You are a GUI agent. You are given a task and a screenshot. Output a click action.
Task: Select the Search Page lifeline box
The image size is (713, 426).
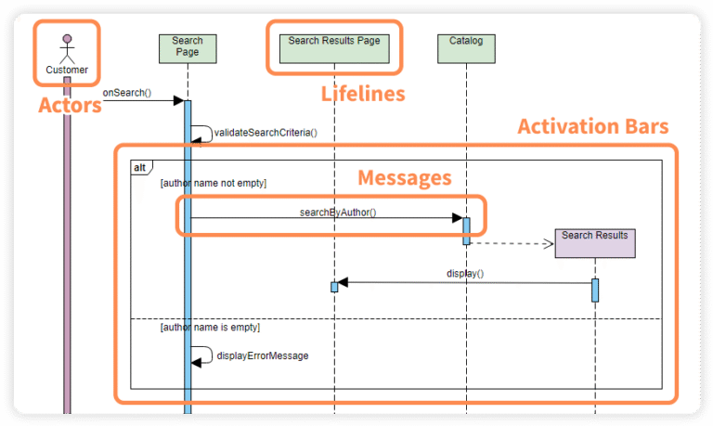tap(188, 46)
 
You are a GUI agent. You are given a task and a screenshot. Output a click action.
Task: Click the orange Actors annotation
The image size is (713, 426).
tap(70, 105)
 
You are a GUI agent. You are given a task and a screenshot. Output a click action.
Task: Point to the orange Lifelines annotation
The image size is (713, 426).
tap(363, 94)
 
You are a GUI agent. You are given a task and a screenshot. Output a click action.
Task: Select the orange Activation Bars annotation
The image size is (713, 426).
tap(592, 126)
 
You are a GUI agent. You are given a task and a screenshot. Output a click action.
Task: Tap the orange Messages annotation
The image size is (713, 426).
tap(405, 177)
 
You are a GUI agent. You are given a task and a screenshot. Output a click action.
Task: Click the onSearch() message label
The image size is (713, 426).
tap(126, 93)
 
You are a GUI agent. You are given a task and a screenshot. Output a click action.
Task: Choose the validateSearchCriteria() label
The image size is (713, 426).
tap(266, 133)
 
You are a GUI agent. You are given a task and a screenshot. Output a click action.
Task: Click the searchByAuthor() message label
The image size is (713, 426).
tap(337, 212)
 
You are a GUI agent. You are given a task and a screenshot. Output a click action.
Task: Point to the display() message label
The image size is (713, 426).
tap(465, 274)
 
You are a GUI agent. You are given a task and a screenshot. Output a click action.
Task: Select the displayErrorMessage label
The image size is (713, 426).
tap(263, 355)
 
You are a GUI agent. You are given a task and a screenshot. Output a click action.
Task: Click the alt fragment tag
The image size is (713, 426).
tap(139, 167)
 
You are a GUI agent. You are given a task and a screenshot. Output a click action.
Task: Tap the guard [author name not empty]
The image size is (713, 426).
tap(214, 184)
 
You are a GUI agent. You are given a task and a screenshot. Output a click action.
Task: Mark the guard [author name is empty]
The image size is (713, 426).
tap(210, 328)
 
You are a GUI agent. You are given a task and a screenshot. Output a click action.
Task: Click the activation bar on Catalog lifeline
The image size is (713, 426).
tap(467, 230)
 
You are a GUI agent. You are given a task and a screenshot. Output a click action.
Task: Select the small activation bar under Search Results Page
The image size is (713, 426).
tap(334, 287)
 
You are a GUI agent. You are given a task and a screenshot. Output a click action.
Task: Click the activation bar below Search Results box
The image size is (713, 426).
tap(595, 290)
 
